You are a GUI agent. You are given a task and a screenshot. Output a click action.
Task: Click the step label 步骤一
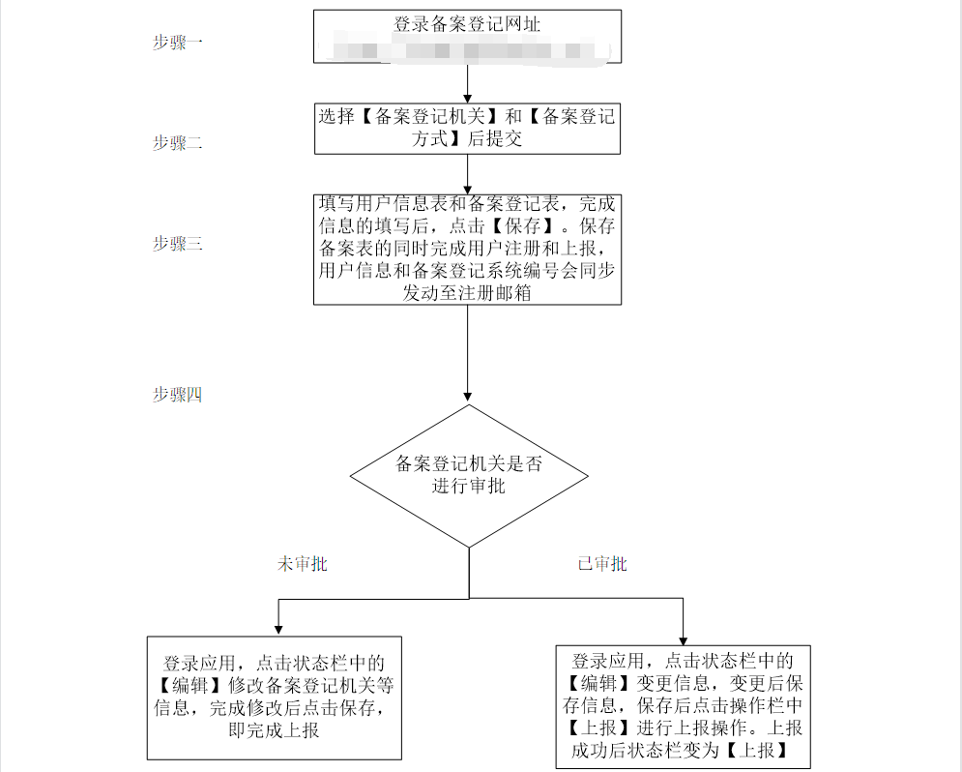[177, 43]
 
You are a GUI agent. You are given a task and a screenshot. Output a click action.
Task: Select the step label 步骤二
[177, 143]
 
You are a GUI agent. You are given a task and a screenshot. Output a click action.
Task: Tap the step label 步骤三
[177, 244]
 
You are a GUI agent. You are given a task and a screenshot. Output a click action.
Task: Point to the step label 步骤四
[177, 395]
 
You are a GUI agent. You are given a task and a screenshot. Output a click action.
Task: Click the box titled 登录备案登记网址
[467, 24]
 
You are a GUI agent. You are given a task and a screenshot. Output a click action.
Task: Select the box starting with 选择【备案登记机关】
[467, 128]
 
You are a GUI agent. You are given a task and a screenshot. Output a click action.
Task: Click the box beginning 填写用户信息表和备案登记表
[467, 249]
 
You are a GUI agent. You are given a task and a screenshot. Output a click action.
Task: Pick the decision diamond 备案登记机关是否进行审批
[469, 475]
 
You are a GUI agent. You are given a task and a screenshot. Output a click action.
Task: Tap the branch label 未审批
[302, 564]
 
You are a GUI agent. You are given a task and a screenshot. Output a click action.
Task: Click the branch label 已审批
[601, 564]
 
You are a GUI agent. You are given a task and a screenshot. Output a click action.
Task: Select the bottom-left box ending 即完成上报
[274, 697]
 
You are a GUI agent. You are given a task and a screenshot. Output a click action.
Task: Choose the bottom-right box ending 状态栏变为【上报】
[684, 705]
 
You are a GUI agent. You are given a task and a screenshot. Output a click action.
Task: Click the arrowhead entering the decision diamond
[469, 397]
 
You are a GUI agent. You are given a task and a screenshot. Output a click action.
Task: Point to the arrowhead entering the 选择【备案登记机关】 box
[468, 97]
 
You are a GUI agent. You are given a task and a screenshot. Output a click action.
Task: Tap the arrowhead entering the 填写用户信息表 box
[468, 188]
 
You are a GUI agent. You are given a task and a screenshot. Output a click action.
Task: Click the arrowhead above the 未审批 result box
[278, 629]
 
